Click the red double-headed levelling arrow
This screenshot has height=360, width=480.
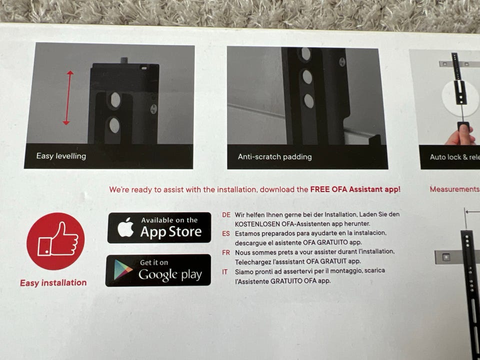click(x=68, y=97)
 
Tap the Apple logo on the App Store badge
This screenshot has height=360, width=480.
click(x=125, y=227)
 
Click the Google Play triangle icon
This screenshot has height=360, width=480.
click(x=123, y=269)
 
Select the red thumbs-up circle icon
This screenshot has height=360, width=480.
click(x=55, y=241)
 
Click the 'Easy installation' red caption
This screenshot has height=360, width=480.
click(x=53, y=282)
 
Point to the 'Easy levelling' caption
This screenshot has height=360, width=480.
click(x=61, y=156)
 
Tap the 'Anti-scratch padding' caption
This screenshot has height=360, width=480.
click(x=274, y=156)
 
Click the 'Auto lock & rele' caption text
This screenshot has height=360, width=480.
click(x=454, y=157)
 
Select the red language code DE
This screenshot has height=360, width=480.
click(x=226, y=215)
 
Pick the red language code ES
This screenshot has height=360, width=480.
click(x=226, y=233)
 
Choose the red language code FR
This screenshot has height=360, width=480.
click(x=226, y=252)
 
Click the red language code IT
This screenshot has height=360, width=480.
click(x=224, y=272)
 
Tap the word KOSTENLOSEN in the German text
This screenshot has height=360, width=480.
click(x=257, y=224)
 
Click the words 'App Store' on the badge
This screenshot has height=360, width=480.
click(x=171, y=232)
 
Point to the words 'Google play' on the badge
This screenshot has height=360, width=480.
click(x=170, y=274)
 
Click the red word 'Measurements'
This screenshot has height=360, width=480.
click(x=454, y=189)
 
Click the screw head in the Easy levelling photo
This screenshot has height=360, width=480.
click(x=154, y=109)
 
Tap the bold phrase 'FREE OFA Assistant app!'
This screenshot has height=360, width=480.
click(x=355, y=189)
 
